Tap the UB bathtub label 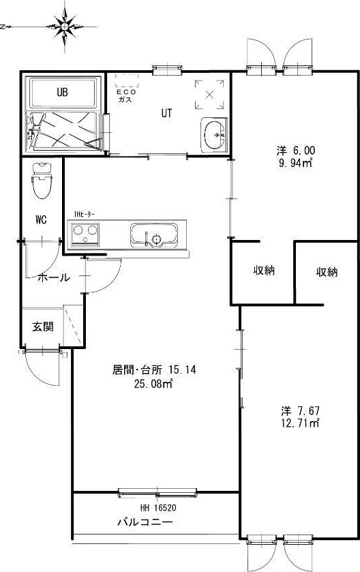click(62, 91)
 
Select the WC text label click(40, 220)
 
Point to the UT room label click(166, 113)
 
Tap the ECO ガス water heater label click(125, 95)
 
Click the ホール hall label click(53, 277)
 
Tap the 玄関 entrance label click(42, 327)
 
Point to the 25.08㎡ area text click(154, 385)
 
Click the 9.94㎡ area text click(295, 163)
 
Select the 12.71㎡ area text click(301, 424)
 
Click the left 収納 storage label click(265, 270)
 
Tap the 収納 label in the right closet click(327, 272)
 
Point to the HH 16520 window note click(159, 508)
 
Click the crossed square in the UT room click(209, 94)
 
